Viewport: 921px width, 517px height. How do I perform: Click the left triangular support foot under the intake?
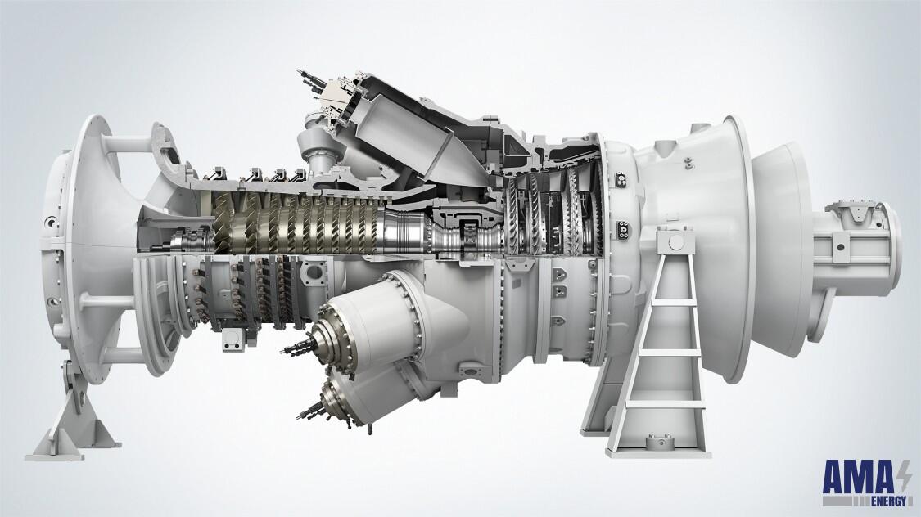pyautogui.click(x=70, y=425)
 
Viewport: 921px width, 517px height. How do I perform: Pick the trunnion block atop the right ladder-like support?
pyautogui.click(x=671, y=241)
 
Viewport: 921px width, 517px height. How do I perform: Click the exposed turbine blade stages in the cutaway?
pyautogui.click(x=557, y=217)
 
